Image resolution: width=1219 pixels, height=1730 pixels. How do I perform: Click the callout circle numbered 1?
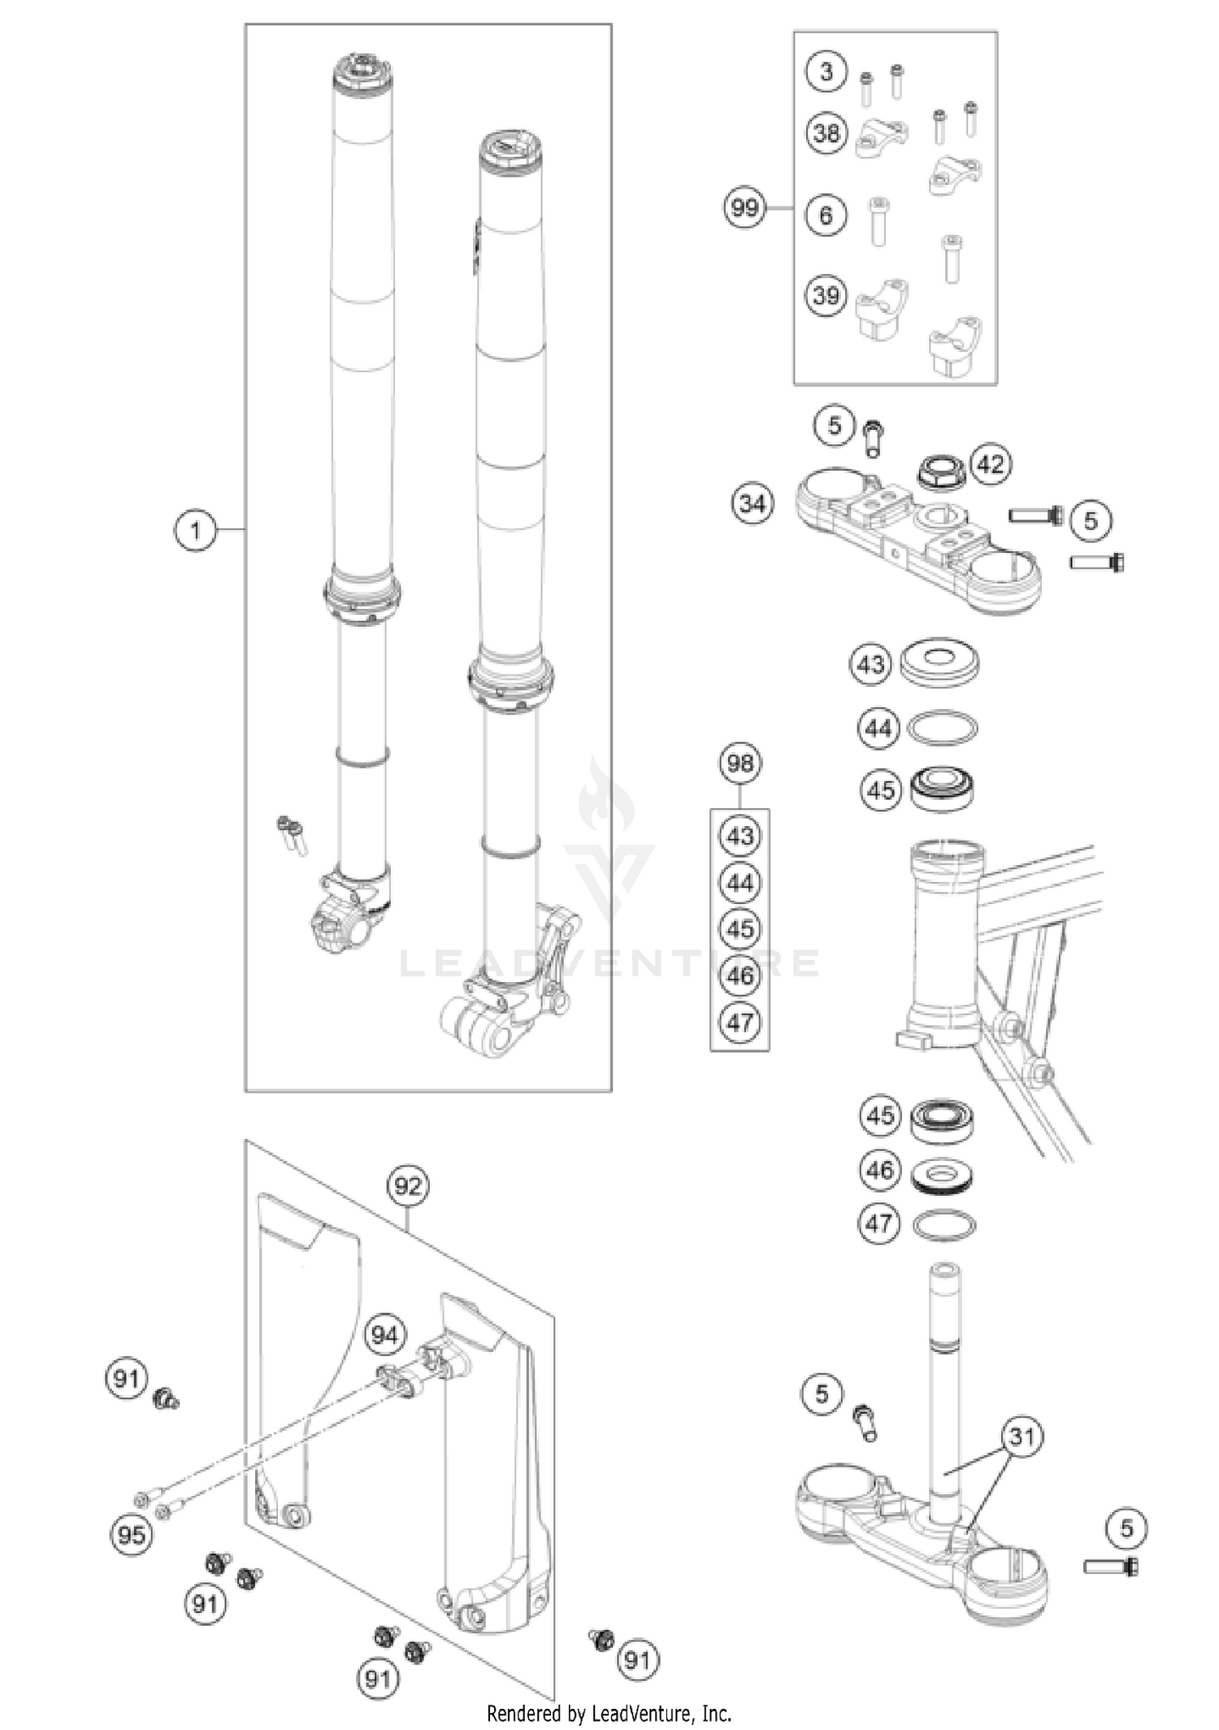[x=195, y=531]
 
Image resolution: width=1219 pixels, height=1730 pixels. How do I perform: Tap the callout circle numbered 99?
[x=744, y=208]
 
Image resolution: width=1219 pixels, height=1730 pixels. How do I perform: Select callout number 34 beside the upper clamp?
[x=752, y=504]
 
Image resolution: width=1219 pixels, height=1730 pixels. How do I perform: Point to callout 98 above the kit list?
[x=740, y=763]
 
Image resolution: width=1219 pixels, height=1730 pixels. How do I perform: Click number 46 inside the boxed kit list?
[x=740, y=975]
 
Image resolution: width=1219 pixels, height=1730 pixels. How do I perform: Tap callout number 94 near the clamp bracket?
[x=384, y=1335]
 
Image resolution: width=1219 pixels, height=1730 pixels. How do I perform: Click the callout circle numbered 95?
[x=132, y=1535]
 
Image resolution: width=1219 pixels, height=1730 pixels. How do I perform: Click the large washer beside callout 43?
[x=939, y=661]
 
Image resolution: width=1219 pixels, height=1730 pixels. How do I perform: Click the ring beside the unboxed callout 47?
[x=944, y=1225]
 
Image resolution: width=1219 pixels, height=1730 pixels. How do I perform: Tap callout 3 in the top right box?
[x=826, y=72]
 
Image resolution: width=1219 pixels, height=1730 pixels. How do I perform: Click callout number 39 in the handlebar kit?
[x=826, y=294]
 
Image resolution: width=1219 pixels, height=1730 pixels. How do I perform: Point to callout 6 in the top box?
[x=826, y=215]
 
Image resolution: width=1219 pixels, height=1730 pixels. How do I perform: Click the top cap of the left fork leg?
[x=363, y=73]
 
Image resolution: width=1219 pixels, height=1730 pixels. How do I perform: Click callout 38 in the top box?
[x=826, y=132]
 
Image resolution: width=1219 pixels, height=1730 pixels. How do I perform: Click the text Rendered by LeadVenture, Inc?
[x=609, y=1714]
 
